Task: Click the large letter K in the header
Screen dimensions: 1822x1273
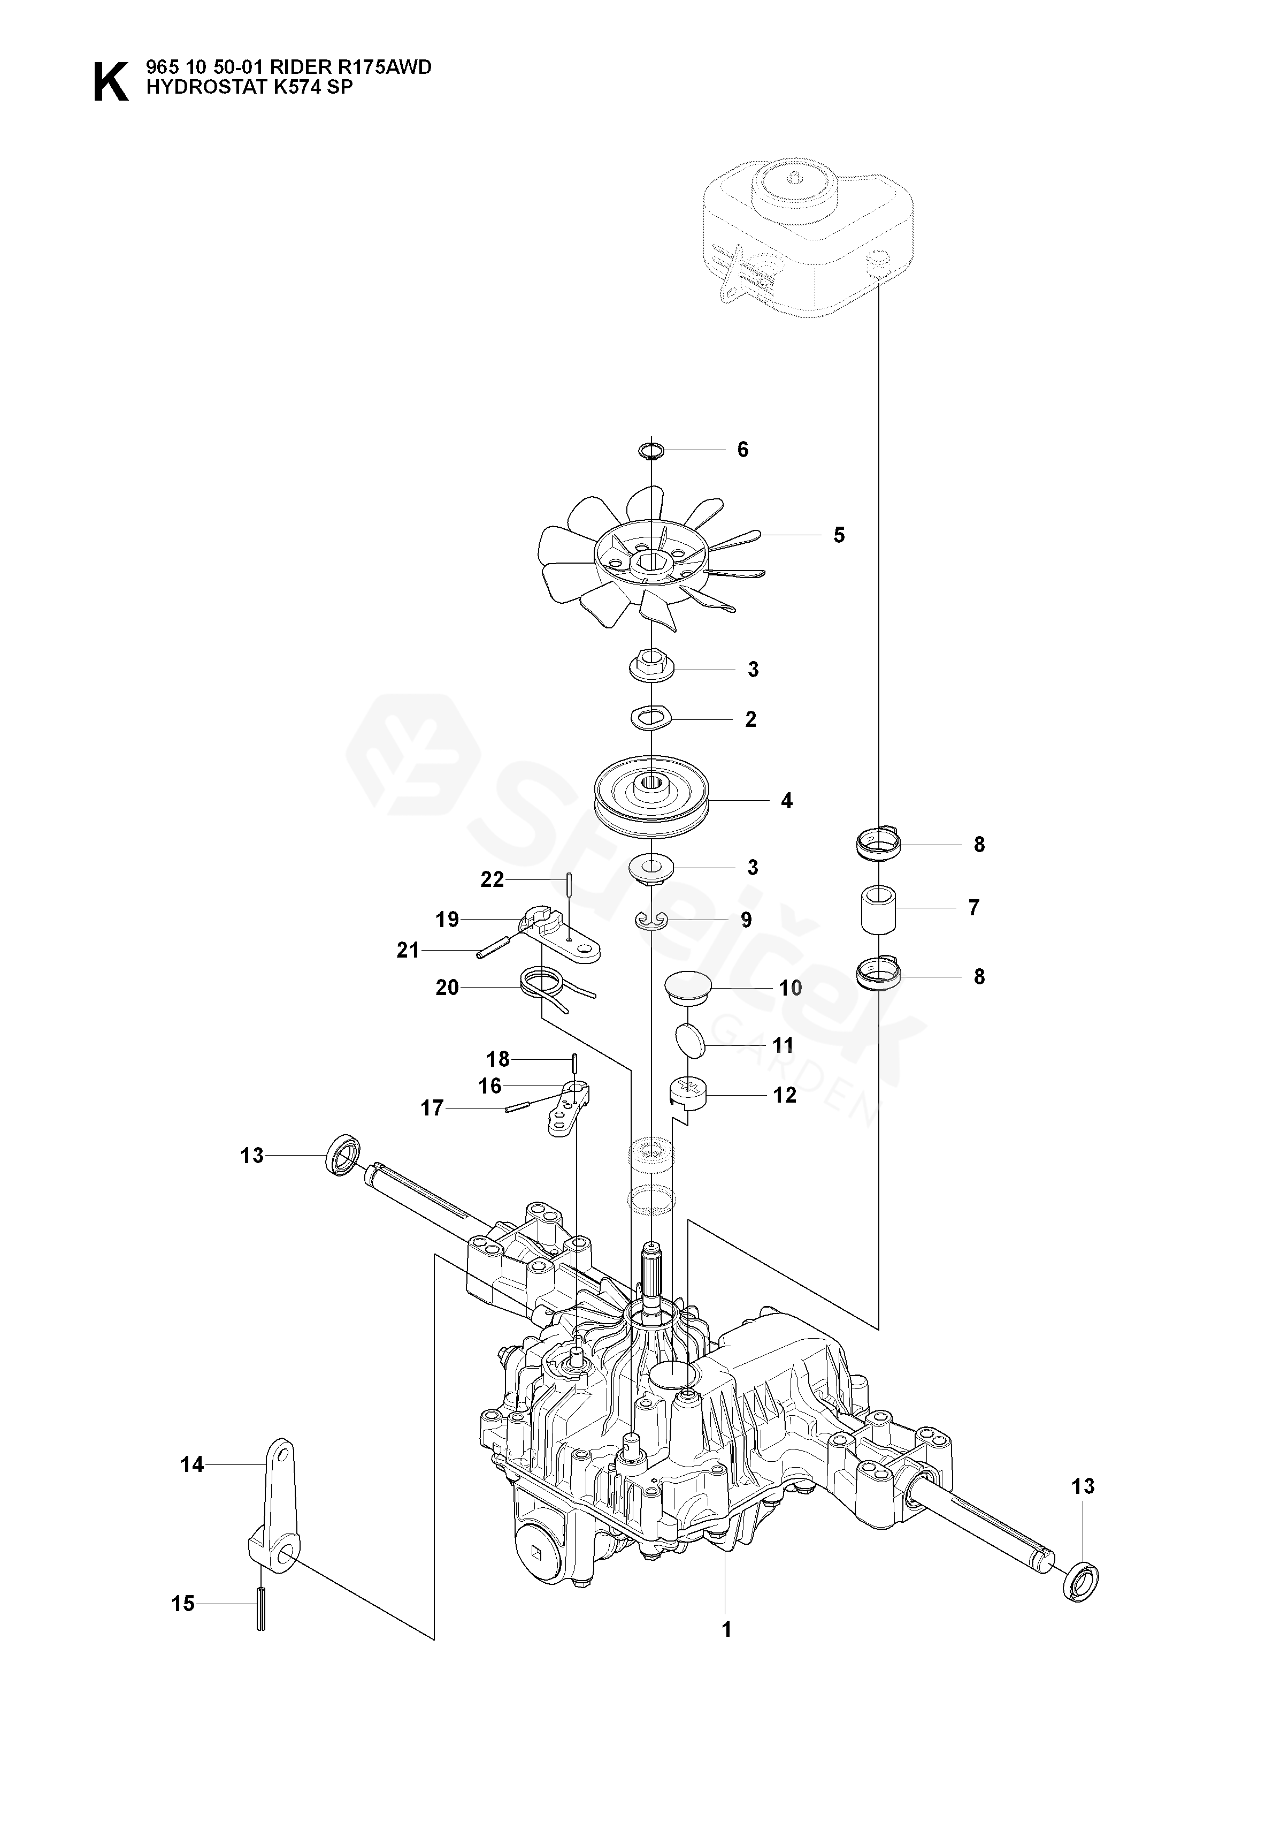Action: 110,82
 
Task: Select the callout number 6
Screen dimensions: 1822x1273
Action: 742,450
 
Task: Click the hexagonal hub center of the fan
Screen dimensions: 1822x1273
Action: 649,564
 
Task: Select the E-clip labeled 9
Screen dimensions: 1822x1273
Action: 651,920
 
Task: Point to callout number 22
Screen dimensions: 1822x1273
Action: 492,880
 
